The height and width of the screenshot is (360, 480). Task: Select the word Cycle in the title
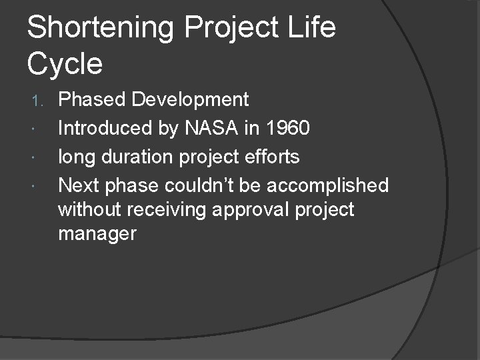point(65,64)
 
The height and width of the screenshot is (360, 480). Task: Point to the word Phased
point(93,100)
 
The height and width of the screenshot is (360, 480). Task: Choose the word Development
point(190,100)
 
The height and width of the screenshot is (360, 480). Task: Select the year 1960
point(287,128)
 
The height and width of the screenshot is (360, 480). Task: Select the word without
point(90,210)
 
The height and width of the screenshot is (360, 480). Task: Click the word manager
point(97,235)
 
